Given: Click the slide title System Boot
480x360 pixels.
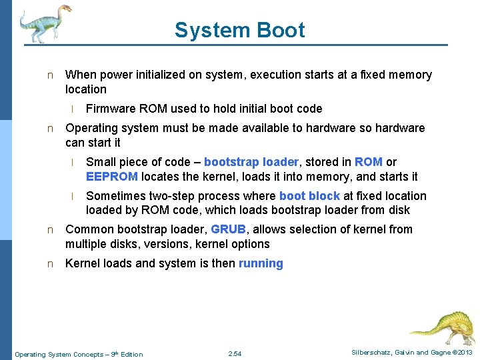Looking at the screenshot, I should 239,30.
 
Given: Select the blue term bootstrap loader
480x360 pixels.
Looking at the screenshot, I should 251,162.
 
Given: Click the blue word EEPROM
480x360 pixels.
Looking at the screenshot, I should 112,177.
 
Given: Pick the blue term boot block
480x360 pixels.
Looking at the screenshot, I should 309,196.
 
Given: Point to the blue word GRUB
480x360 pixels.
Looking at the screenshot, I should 228,229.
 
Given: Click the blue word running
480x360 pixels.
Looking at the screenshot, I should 261,263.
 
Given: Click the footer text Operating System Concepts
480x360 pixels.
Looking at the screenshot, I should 59,354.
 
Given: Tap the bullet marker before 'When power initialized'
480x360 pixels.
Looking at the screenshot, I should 49,75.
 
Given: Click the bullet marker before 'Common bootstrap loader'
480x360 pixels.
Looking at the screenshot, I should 49,230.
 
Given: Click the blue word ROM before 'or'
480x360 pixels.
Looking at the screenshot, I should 369,162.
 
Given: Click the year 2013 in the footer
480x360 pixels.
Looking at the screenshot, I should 464,353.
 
